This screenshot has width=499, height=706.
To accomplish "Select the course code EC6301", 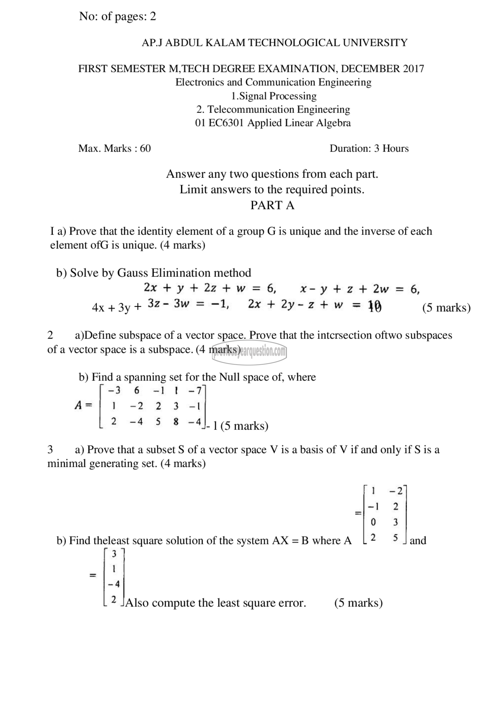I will (226, 123).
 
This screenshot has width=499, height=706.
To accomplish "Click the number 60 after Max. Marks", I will (145, 149).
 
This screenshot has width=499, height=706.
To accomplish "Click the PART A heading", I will (272, 205).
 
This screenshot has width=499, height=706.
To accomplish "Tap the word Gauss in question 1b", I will (132, 273).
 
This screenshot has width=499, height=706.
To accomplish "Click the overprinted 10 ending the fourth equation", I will (375, 306).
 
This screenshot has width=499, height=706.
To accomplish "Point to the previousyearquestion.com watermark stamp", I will (249, 352).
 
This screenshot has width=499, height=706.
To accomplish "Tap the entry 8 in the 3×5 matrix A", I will (176, 422).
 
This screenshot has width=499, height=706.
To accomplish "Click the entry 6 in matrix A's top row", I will (137, 390).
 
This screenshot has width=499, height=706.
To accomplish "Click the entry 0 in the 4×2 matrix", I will (373, 522).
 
